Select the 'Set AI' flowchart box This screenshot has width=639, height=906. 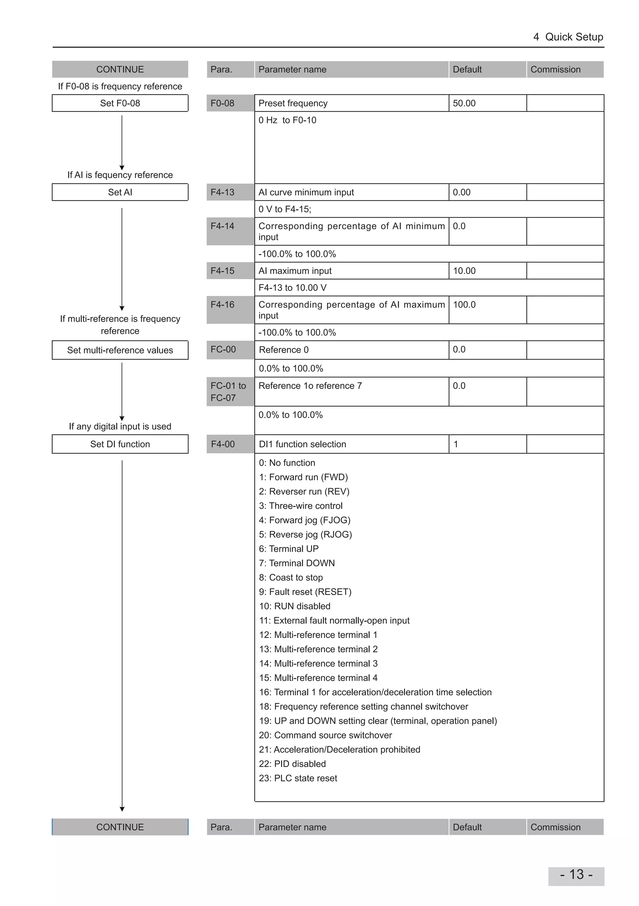coord(120,192)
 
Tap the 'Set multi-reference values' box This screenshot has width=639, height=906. coord(120,350)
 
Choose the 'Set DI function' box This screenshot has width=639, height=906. coord(120,444)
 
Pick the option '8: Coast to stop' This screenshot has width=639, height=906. coord(291,577)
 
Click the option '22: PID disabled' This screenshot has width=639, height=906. coord(292,764)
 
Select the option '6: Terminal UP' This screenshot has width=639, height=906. coord(289,548)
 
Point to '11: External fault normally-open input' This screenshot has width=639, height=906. coord(334,620)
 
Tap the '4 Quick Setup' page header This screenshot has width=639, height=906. coord(568,37)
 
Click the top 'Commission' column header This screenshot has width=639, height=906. coord(555,70)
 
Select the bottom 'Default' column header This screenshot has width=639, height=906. coord(467,827)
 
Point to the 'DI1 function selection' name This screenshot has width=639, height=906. coord(303,444)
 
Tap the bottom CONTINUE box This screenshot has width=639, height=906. coord(120,827)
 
